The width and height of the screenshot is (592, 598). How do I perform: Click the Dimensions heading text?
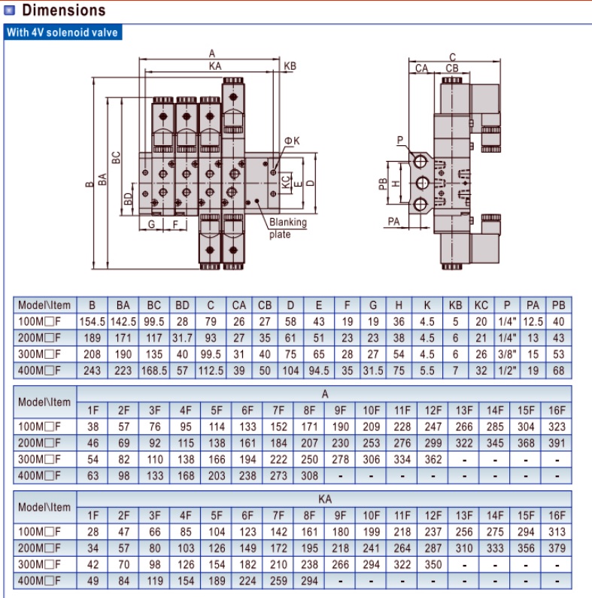[x=63, y=11]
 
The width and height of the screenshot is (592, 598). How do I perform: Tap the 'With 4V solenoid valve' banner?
[x=62, y=32]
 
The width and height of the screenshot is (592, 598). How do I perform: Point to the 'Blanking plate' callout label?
[x=287, y=228]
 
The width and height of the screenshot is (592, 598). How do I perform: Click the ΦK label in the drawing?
[x=292, y=141]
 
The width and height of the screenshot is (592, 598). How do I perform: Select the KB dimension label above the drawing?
[x=290, y=66]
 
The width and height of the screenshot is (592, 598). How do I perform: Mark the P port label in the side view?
[x=399, y=140]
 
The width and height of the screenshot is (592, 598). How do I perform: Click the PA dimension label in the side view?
[x=393, y=221]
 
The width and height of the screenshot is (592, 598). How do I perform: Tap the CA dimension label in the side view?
[x=421, y=68]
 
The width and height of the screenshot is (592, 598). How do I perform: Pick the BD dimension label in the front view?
[x=128, y=199]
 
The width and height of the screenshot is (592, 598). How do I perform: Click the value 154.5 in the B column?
[x=92, y=322]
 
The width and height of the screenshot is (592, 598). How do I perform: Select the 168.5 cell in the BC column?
[x=154, y=370]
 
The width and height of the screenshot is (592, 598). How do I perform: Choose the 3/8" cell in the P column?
[x=507, y=354]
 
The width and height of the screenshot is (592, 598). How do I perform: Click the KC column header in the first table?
[x=481, y=305]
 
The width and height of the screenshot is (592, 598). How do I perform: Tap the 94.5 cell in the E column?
[x=318, y=370]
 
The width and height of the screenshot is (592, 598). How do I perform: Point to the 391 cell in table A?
[x=557, y=443]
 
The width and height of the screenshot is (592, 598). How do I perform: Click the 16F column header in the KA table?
[x=557, y=515]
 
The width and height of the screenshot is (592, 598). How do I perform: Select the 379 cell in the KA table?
[x=557, y=548]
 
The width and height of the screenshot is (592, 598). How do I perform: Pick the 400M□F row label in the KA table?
[x=39, y=581]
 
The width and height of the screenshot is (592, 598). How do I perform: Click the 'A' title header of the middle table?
[x=325, y=393]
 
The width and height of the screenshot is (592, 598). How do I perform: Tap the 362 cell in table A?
[x=433, y=459]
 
